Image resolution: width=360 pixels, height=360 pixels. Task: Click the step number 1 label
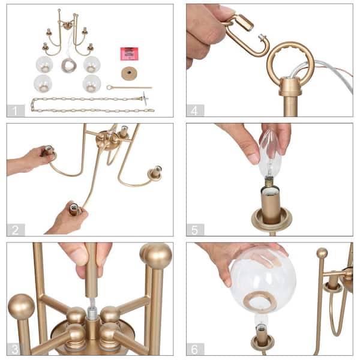[x=16, y=110]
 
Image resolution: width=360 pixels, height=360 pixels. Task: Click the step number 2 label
[x=16, y=230]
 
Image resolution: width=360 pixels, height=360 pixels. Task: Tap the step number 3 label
[x=16, y=349]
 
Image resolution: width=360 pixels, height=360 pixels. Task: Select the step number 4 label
[x=195, y=110]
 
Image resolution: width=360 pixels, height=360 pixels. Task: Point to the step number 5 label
[x=195, y=230]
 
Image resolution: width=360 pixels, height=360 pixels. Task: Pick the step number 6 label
[x=195, y=349]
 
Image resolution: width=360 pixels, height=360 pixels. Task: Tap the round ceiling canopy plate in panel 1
[x=128, y=73]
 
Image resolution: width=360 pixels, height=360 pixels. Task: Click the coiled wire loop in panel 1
[x=69, y=65]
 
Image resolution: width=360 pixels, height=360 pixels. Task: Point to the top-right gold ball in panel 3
[x=157, y=255]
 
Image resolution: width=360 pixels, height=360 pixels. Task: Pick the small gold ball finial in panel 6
[x=322, y=253]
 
